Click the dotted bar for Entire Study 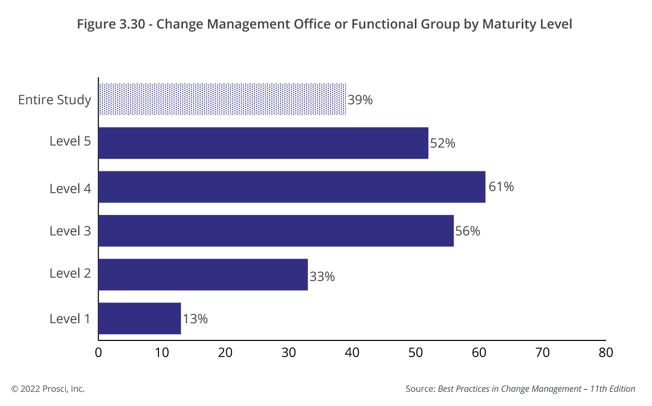[x=222, y=99]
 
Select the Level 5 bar [x=263, y=143]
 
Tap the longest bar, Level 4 [x=292, y=187]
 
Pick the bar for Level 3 [x=276, y=231]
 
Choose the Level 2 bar [x=203, y=274]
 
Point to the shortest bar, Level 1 [x=139, y=318]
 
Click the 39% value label [x=360, y=100]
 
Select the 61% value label [x=501, y=186]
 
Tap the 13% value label [x=195, y=319]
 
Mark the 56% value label [x=468, y=231]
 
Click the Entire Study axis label [x=55, y=99]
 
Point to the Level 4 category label [x=70, y=188]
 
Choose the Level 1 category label [x=70, y=319]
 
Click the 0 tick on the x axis [x=99, y=353]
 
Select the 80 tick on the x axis [x=606, y=353]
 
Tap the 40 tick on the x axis [x=352, y=353]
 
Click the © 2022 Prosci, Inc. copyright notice [x=48, y=389]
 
